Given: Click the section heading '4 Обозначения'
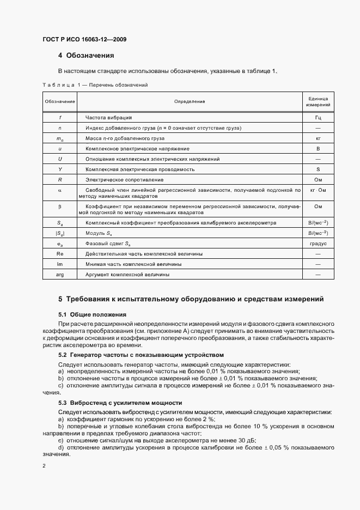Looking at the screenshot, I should (x=86, y=56).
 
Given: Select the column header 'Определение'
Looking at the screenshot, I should (x=189, y=101).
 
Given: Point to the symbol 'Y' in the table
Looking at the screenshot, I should (x=60, y=169).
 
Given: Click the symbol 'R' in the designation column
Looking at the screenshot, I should (x=60, y=179).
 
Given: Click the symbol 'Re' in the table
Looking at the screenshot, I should (x=60, y=254).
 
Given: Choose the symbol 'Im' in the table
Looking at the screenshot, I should (x=60, y=264).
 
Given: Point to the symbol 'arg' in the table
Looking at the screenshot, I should (x=60, y=275).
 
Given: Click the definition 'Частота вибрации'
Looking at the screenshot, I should (x=109, y=117).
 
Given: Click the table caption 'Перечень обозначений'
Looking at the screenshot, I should (x=119, y=85).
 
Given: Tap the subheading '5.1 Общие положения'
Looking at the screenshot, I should (x=92, y=314).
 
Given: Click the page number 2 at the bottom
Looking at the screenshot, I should (x=44, y=466).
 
